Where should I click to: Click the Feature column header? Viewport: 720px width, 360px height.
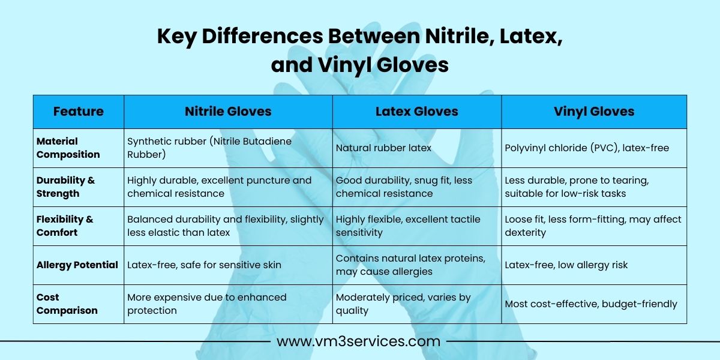click(79, 112)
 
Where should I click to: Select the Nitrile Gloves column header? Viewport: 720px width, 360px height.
click(228, 112)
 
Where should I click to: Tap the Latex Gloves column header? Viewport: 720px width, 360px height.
click(417, 112)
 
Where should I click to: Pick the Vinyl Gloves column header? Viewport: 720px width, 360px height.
click(594, 112)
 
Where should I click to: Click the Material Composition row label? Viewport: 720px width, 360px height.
click(68, 148)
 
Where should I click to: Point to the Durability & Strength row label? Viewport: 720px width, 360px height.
click(65, 187)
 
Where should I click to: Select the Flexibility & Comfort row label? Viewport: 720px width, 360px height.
click(65, 226)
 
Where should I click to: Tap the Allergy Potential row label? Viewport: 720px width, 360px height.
click(77, 265)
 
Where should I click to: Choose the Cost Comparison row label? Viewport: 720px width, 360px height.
click(67, 304)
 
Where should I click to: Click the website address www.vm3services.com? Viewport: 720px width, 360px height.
click(358, 341)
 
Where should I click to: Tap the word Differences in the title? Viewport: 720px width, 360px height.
click(262, 36)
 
